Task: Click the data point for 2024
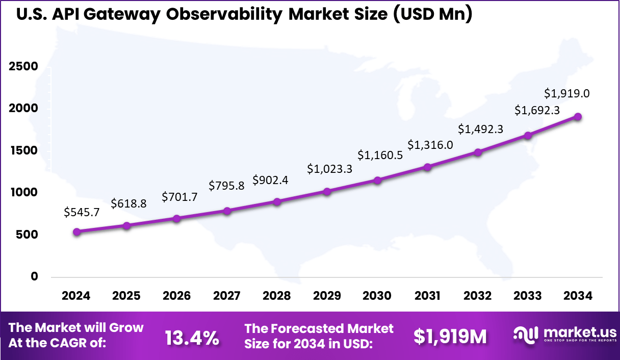click(76, 232)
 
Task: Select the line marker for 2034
click(578, 116)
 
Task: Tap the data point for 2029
click(327, 191)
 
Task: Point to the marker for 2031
click(427, 167)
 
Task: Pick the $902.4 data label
click(270, 181)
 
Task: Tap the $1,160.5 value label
click(380, 155)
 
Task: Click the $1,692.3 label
click(537, 110)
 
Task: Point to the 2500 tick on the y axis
click(23, 66)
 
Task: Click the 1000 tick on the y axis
click(23, 192)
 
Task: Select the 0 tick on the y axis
click(34, 276)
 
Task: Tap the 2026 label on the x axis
click(176, 296)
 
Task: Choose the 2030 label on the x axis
click(377, 296)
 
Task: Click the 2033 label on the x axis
click(528, 296)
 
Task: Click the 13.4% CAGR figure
click(192, 337)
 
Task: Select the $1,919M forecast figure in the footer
click(450, 336)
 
